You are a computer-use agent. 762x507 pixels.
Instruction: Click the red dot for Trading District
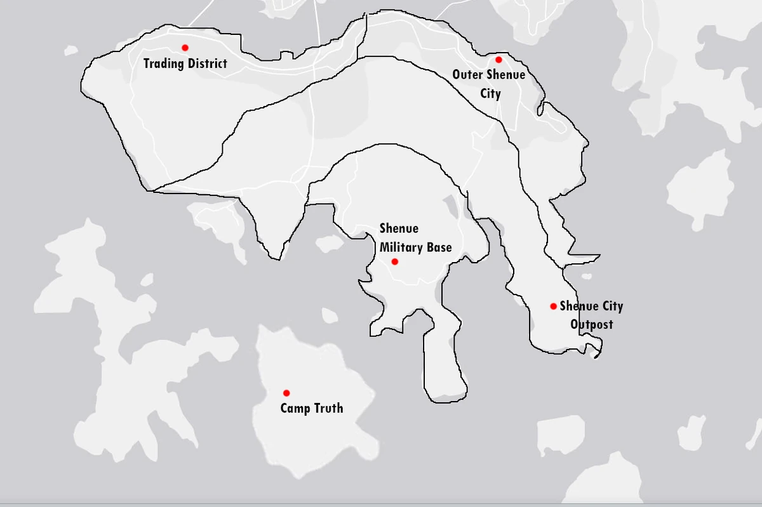(x=185, y=48)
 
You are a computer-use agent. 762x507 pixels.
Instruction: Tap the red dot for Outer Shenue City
(x=498, y=60)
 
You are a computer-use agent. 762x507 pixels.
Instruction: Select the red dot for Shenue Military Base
(x=394, y=261)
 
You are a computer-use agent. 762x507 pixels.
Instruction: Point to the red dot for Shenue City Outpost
(x=553, y=306)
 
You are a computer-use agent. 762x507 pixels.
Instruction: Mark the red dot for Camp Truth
(x=286, y=393)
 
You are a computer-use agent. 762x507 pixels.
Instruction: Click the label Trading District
(x=185, y=63)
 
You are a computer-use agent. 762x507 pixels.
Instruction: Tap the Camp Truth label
(x=312, y=408)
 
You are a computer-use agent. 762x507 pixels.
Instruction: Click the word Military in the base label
(x=403, y=247)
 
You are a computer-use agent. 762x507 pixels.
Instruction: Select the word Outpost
(x=591, y=324)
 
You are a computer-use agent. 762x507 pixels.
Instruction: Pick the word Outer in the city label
(x=467, y=74)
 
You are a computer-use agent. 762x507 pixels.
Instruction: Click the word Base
(x=439, y=247)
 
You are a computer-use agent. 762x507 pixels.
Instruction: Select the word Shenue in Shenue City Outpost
(x=578, y=306)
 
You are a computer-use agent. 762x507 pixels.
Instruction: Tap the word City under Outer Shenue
(x=490, y=93)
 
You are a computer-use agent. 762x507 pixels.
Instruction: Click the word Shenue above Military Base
(x=399, y=228)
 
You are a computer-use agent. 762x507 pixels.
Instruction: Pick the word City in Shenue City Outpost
(x=612, y=306)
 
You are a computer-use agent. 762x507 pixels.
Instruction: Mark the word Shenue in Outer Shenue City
(x=505, y=74)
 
